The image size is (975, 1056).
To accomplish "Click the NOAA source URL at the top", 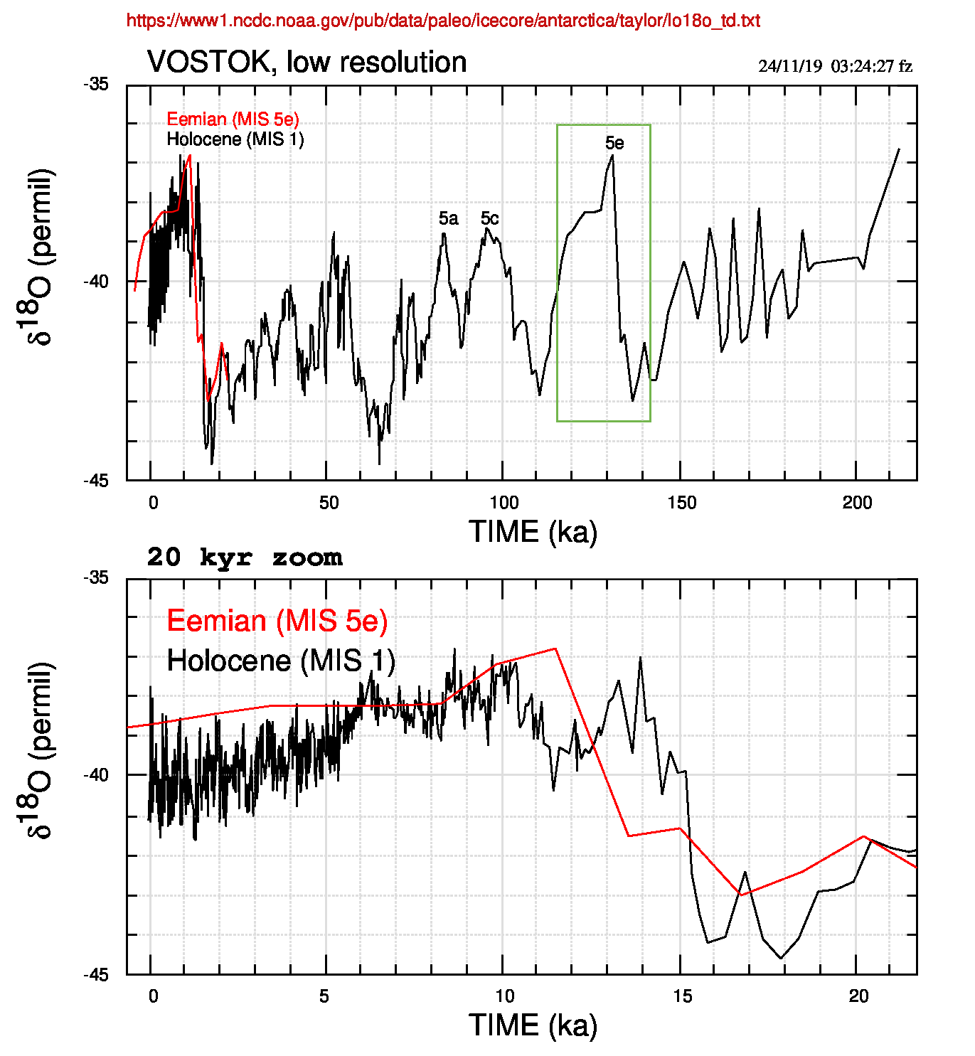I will (x=443, y=21).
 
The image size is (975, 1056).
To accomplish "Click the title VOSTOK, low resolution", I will (x=307, y=63).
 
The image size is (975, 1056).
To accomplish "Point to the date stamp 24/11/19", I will (x=790, y=66).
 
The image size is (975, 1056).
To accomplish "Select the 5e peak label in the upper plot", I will (x=614, y=143).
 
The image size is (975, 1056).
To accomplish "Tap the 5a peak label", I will (x=448, y=218).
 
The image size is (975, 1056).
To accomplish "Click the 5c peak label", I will (x=489, y=218).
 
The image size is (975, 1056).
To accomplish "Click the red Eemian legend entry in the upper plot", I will (x=233, y=119).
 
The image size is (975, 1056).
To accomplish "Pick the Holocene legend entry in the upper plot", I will (x=235, y=139).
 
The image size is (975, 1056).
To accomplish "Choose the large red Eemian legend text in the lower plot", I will (x=277, y=621).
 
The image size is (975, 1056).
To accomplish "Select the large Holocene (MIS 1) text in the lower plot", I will (x=280, y=661).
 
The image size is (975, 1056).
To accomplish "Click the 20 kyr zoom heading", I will (x=244, y=558).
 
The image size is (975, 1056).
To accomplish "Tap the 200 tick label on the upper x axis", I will (x=856, y=503).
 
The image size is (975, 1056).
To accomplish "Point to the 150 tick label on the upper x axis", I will (x=681, y=503).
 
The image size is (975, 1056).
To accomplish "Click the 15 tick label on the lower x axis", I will (x=681, y=996).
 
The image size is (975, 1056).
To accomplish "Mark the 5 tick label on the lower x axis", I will (x=324, y=996).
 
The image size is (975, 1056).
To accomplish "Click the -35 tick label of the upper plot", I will (x=97, y=85).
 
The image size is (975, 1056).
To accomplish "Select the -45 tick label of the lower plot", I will (x=97, y=974).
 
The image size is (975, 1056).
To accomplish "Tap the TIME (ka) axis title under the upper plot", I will (x=533, y=532).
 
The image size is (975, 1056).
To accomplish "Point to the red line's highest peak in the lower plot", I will (x=555, y=649).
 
